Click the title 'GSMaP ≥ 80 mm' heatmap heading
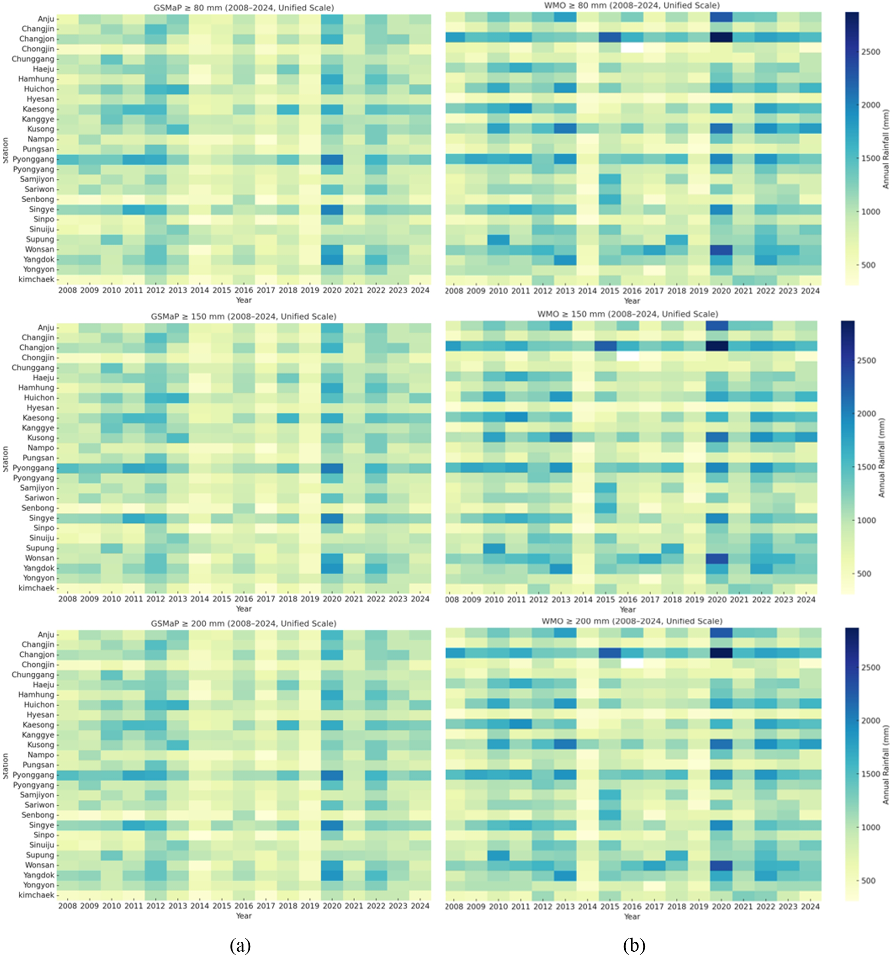[244, 8]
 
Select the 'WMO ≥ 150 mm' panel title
[627, 314]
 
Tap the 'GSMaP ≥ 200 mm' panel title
[244, 623]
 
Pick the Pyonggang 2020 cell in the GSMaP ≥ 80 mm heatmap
[332, 159]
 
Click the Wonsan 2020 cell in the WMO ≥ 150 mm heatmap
[717, 559]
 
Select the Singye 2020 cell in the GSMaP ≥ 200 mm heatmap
[332, 825]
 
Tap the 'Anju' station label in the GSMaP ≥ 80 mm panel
[46, 19]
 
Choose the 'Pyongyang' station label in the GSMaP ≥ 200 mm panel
[33, 786]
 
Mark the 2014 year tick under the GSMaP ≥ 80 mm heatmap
[199, 290]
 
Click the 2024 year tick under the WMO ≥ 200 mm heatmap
[810, 907]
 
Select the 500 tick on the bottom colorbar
[868, 881]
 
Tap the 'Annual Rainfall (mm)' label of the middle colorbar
[882, 458]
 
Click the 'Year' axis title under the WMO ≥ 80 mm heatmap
[632, 301]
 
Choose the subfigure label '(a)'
[240, 945]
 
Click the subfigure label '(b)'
[634, 945]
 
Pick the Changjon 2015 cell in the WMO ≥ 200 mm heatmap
[610, 653]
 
